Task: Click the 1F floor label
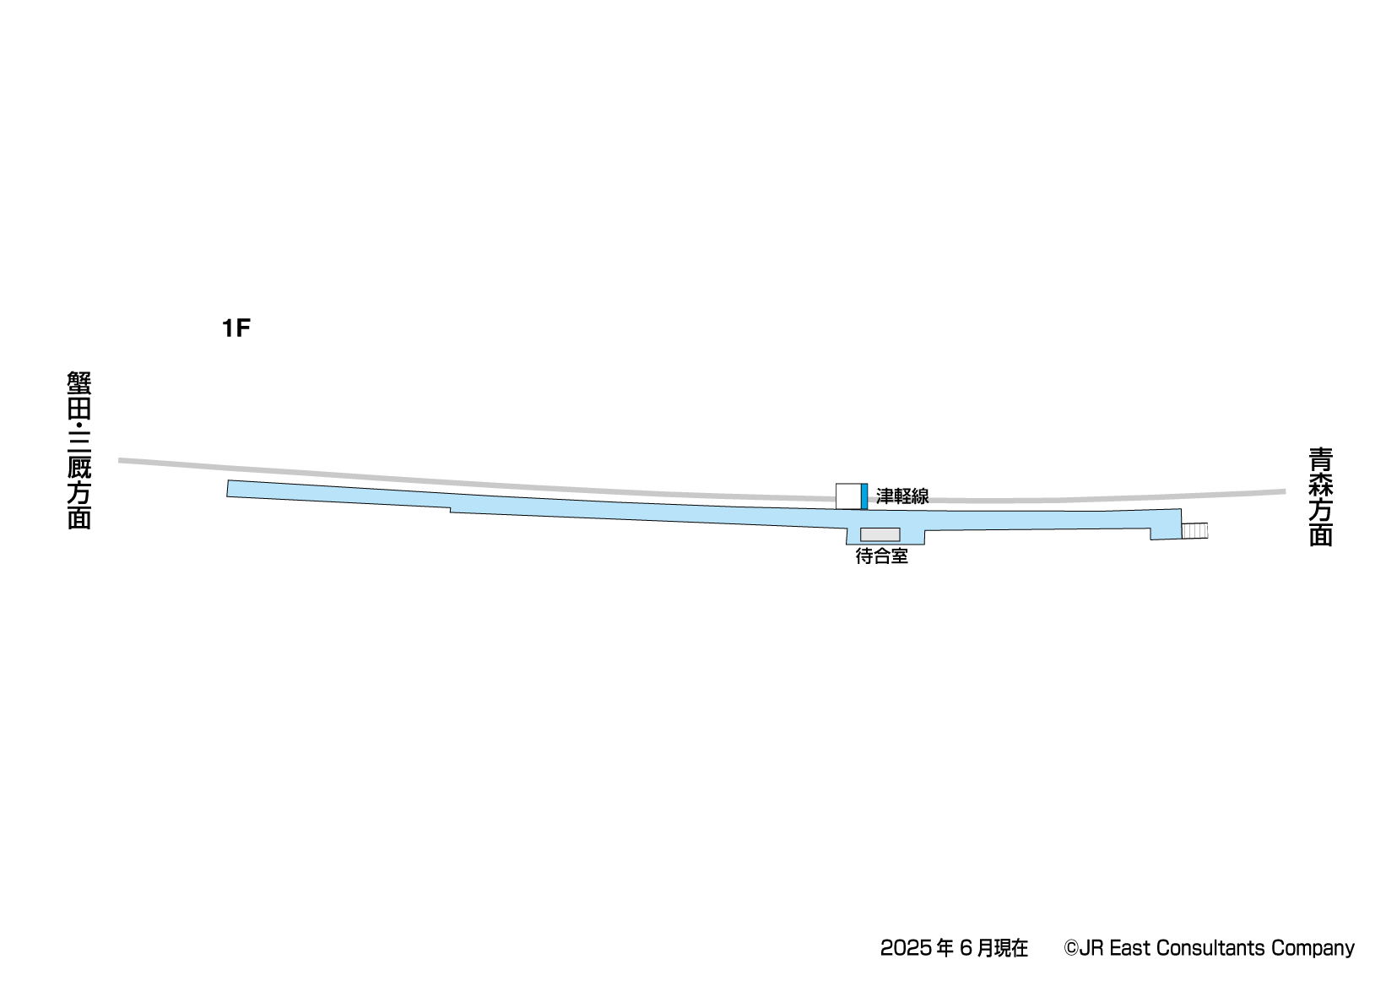coord(236,328)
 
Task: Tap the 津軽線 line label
coord(902,496)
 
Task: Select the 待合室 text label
coord(882,556)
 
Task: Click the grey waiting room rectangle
coord(880,534)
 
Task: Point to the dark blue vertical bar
coord(864,496)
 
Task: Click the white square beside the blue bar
coord(848,496)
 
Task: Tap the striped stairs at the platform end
coord(1194,531)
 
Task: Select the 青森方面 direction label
coord(1320,497)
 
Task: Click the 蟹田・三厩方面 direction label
coord(79,451)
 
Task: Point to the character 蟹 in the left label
coord(79,383)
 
